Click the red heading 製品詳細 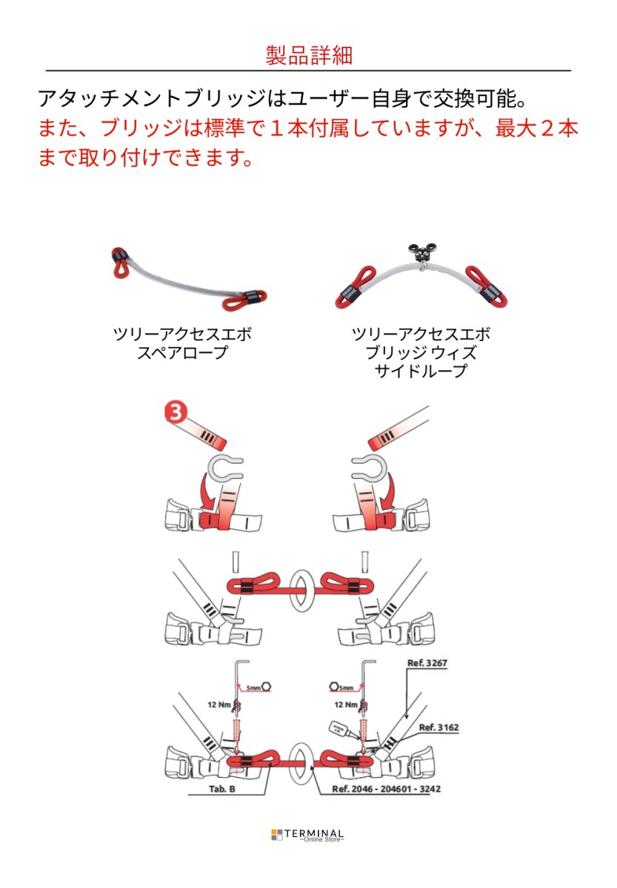(308, 55)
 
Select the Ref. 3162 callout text (438, 727)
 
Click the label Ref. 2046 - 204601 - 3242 (386, 789)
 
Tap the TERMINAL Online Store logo (307, 835)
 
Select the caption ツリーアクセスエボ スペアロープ (182, 343)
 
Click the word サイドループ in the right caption (421, 371)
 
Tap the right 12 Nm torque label (347, 704)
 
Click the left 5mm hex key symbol (259, 687)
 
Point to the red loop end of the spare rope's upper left (121, 260)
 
